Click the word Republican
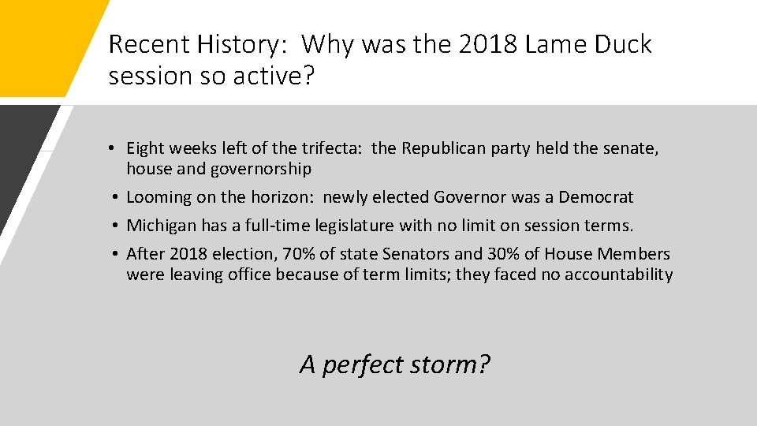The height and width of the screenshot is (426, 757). click(444, 148)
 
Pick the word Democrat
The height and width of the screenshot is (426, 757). click(596, 197)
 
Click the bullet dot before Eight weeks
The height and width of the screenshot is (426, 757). click(114, 148)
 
